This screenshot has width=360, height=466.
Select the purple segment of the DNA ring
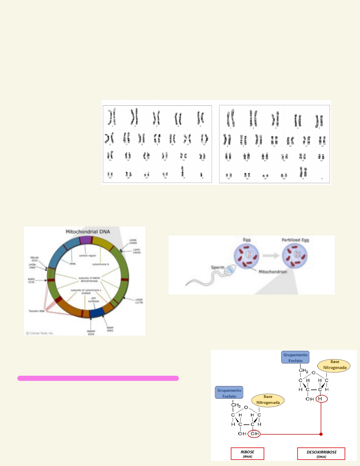(x=85, y=240)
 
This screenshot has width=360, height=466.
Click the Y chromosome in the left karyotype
(x=201, y=174)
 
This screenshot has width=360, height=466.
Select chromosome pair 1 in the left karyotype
(x=112, y=116)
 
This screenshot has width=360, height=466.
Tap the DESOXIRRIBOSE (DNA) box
(x=321, y=453)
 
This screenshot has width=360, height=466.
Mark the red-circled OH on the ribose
(x=255, y=434)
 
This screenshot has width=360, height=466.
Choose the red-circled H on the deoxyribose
(x=320, y=399)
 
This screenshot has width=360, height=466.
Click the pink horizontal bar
(x=98, y=379)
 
